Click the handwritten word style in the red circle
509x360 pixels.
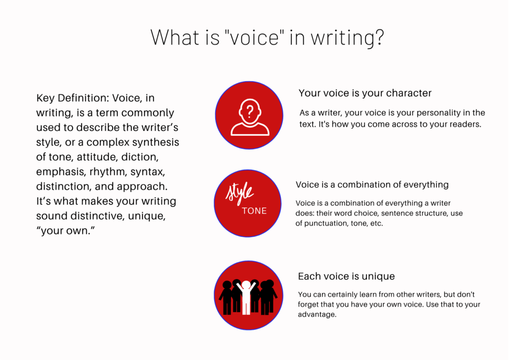tap(240, 192)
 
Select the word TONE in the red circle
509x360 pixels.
tap(254, 210)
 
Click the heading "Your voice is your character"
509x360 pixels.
tap(365, 93)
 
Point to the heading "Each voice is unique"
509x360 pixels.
tap(346, 276)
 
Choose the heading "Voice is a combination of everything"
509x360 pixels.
tap(372, 185)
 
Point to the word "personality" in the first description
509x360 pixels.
tap(427, 113)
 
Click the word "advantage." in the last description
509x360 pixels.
tap(317, 314)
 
